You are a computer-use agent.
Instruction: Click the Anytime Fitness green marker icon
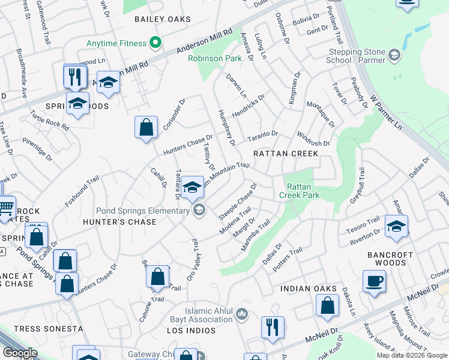[155, 43]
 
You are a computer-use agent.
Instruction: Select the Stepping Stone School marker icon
[394, 56]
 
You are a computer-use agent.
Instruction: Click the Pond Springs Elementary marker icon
[198, 210]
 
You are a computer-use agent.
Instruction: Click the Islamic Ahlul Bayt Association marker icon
[242, 313]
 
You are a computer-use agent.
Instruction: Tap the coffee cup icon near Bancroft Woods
[375, 281]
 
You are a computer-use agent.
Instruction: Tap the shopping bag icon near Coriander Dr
[146, 127]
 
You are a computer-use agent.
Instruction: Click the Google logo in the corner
[19, 353]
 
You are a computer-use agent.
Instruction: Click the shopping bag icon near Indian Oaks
[328, 305]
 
